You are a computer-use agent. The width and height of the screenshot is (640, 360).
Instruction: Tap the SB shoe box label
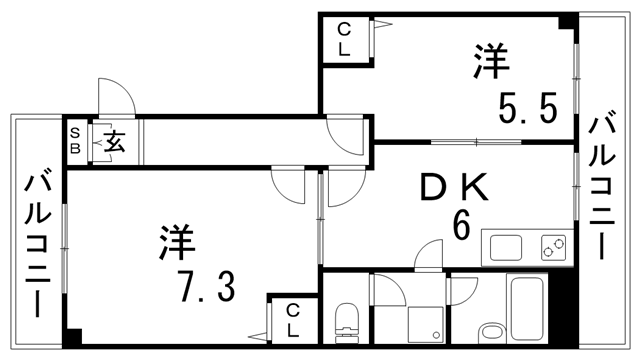74,140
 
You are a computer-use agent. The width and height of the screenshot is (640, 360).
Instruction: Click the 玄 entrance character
113,142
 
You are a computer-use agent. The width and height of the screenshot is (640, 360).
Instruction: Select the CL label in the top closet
343,40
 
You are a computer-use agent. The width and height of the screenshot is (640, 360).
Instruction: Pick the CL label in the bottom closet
293,320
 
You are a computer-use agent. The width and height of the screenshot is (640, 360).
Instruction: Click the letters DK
451,186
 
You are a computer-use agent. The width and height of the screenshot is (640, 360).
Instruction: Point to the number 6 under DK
461,225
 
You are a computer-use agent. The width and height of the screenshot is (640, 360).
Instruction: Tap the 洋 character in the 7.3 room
177,244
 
